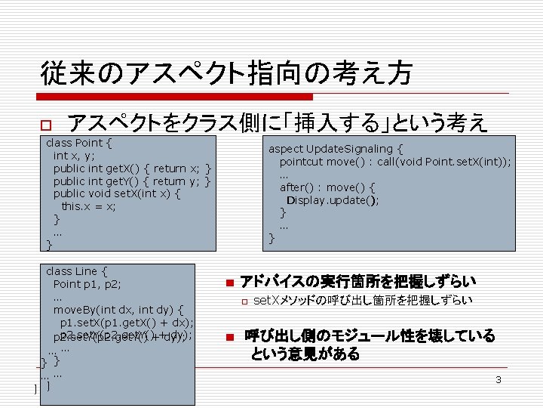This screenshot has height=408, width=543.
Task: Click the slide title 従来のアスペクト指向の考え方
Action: (x=227, y=74)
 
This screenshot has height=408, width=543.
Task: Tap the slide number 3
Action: (x=498, y=379)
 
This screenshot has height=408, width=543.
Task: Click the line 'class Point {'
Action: (x=80, y=143)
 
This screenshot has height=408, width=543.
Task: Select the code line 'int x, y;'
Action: (x=74, y=156)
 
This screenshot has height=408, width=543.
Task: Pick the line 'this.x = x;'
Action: (x=89, y=206)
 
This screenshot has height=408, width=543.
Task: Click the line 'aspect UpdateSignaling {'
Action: (x=336, y=149)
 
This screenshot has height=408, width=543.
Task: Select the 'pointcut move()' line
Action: (x=395, y=162)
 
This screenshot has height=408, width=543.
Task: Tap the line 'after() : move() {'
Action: (x=327, y=187)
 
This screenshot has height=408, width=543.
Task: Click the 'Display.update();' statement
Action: (x=333, y=200)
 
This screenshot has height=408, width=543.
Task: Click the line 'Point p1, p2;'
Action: (x=87, y=284)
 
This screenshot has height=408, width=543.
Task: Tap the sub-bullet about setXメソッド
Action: (x=362, y=301)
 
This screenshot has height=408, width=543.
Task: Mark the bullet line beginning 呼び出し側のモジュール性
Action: (x=370, y=335)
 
